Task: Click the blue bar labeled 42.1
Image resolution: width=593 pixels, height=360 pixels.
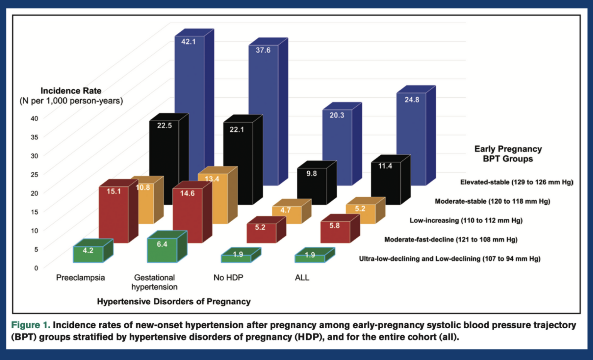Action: [189, 77]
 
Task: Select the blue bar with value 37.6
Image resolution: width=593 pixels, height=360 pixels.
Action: [263, 85]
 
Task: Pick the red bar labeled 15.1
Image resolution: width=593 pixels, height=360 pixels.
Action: [114, 214]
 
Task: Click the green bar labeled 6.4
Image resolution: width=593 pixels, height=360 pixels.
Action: [162, 250]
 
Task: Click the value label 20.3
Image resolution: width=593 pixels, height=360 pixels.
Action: [337, 115]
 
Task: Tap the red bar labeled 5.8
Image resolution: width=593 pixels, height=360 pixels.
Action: [335, 232]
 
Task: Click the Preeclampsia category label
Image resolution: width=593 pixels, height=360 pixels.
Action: [80, 277]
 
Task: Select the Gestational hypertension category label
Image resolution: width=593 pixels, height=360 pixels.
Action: [154, 282]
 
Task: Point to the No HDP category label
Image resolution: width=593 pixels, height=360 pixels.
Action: [228, 277]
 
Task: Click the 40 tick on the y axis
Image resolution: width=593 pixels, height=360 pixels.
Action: [34, 119]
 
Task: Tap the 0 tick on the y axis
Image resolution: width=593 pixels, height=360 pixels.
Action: [36, 268]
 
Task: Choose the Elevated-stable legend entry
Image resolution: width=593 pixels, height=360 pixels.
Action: [517, 182]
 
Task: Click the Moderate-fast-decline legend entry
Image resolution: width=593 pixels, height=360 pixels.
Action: [451, 239]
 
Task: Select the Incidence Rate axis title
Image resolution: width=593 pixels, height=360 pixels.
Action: [71, 91]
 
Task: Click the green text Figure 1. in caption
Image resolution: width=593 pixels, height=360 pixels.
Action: [30, 325]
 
